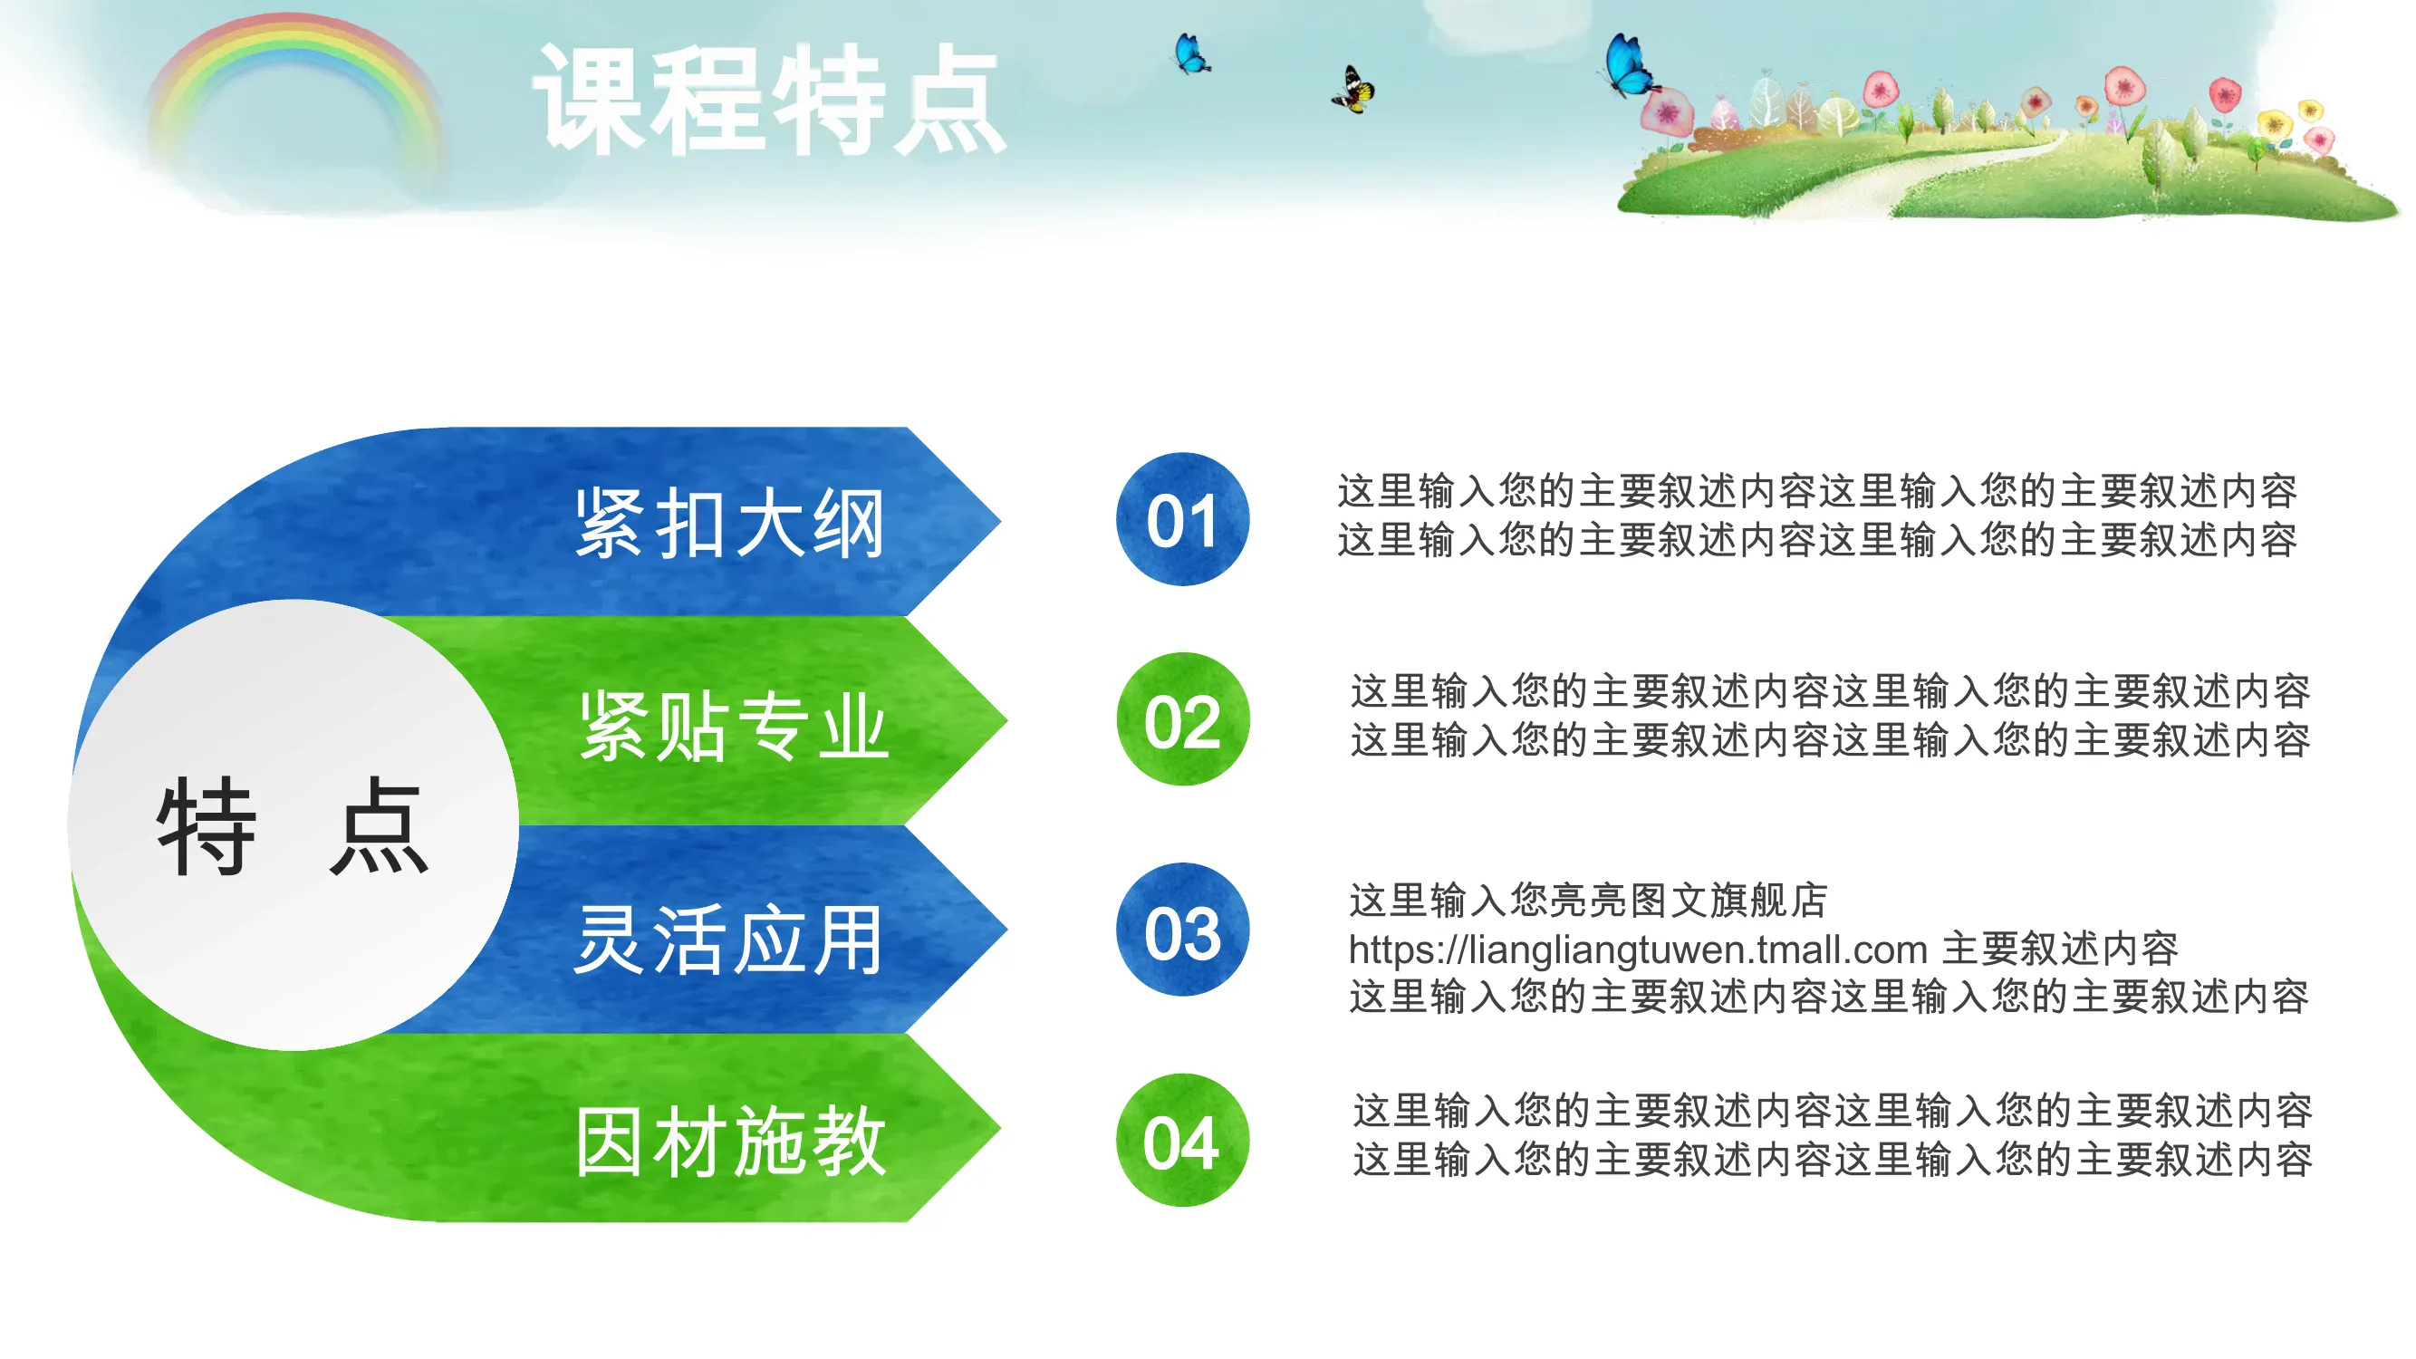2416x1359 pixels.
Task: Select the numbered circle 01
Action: click(1182, 519)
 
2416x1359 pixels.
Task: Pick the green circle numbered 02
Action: click(1183, 719)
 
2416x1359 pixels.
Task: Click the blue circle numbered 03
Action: click(1182, 930)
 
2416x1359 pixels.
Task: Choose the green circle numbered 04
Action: click(1182, 1141)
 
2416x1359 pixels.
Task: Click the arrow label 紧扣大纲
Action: click(729, 524)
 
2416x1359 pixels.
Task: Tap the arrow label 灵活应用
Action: click(727, 939)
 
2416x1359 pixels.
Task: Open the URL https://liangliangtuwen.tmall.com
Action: click(1638, 950)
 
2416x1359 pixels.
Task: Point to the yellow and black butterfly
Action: click(1353, 90)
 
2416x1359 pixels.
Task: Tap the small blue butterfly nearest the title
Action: click(1191, 53)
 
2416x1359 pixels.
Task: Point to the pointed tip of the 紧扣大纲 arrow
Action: click(1001, 521)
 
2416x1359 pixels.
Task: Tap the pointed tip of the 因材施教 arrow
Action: click(1001, 1128)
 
